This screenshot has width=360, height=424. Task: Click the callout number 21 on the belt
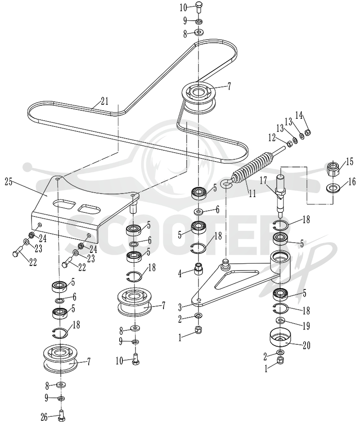pos(104,101)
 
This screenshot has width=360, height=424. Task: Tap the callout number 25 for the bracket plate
pos(9,182)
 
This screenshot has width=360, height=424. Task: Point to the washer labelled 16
pos(333,188)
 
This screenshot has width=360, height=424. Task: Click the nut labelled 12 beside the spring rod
pos(289,144)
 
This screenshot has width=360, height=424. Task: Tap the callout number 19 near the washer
pos(306,326)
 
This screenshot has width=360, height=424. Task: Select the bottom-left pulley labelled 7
pos(61,357)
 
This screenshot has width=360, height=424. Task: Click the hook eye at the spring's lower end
pos(226,184)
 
